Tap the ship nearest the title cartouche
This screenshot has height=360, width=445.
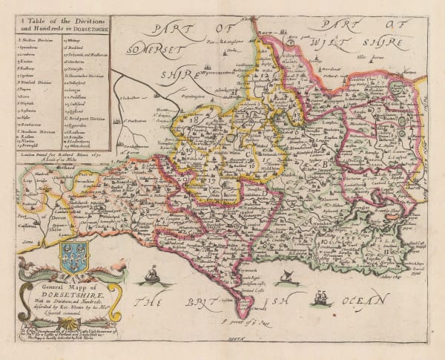pos(151,276)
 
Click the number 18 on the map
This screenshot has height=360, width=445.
pos(194,119)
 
